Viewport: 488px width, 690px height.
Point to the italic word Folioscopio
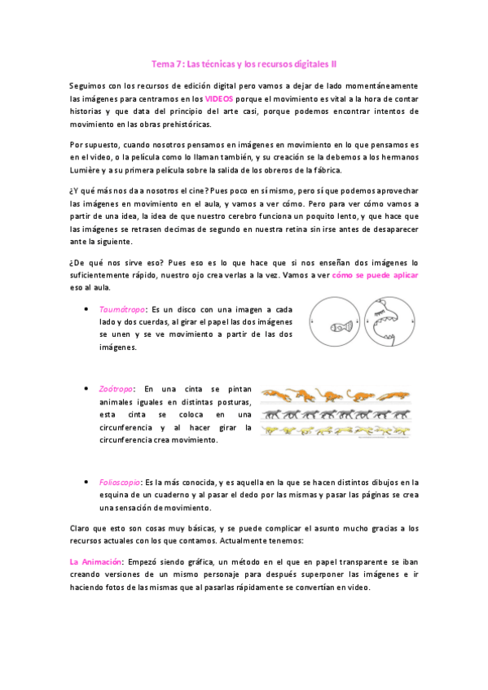click(x=121, y=482)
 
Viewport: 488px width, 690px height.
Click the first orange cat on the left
click(x=277, y=396)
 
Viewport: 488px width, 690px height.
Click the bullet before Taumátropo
click(x=87, y=310)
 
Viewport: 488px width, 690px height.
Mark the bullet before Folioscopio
click(x=87, y=482)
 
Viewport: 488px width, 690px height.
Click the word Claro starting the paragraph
click(x=81, y=528)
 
